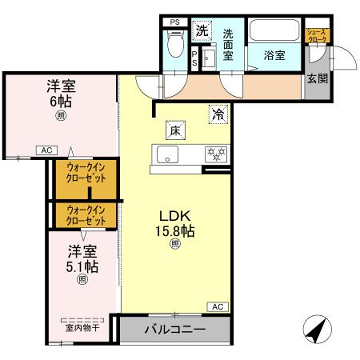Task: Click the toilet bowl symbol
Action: (175, 43)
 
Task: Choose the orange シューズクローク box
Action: (318, 39)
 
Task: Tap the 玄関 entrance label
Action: (319, 79)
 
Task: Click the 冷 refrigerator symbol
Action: (217, 115)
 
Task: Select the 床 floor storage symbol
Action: (173, 129)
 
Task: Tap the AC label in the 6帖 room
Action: (46, 150)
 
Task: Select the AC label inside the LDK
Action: (217, 306)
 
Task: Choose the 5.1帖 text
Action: (83, 266)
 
